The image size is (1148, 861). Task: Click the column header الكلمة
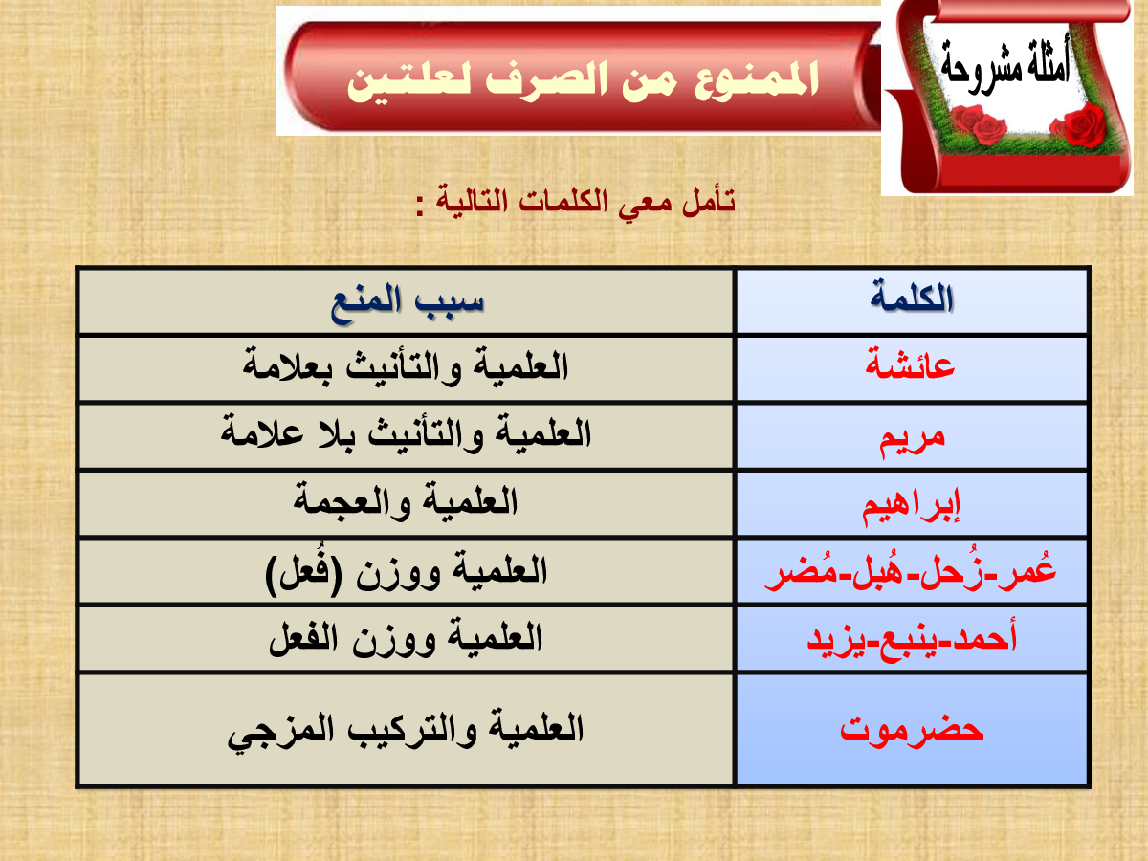click(x=912, y=299)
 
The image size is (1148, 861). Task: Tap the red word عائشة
click(x=910, y=364)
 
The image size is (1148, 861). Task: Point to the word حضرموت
click(x=912, y=728)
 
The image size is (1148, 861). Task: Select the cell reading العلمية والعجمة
click(x=406, y=504)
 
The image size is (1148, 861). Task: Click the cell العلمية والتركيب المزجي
click(x=406, y=729)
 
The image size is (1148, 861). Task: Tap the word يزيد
click(x=836, y=640)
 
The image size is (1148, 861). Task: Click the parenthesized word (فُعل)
click(x=304, y=571)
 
